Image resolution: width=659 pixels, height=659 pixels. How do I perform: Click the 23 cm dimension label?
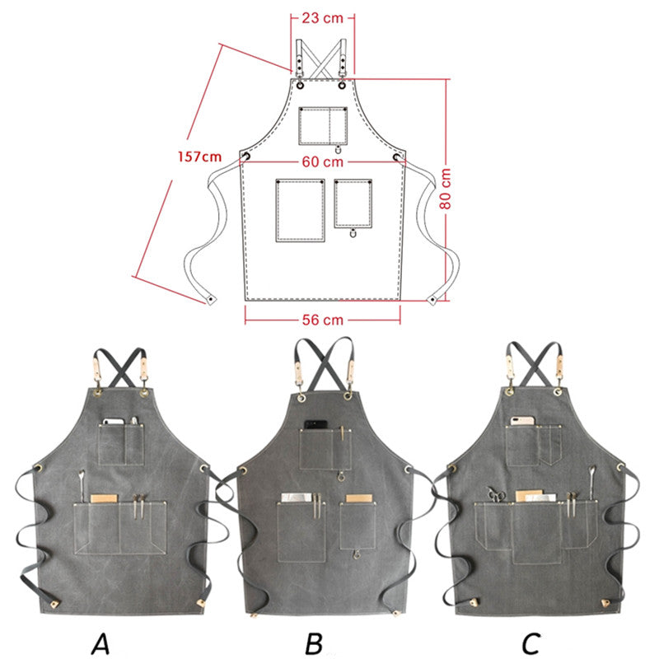coord(322,17)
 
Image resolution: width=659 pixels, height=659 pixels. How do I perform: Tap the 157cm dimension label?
coord(199,157)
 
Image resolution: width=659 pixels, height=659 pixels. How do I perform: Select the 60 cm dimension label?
coord(322,162)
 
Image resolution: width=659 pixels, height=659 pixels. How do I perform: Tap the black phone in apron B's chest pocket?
coord(315,426)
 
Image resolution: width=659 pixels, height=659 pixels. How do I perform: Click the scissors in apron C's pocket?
coord(497,494)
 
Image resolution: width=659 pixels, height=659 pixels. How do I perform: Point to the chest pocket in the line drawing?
coord(322,126)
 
